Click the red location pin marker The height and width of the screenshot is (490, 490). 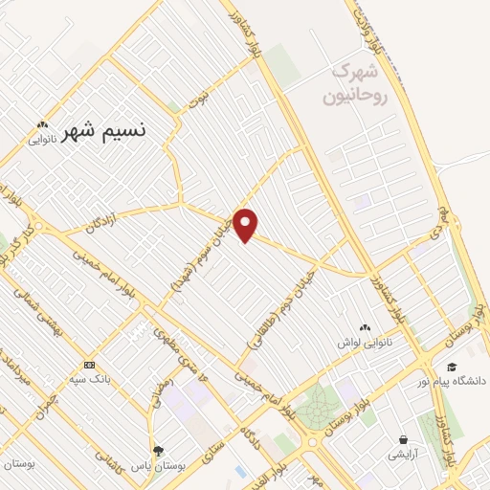tap(246, 224)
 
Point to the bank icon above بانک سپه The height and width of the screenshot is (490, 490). tap(89, 365)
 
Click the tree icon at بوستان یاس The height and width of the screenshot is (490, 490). tap(157, 451)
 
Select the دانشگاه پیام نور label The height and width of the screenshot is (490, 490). tap(452, 381)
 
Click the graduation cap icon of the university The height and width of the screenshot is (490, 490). tap(452, 365)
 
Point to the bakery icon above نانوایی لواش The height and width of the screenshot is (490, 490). tap(364, 327)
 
